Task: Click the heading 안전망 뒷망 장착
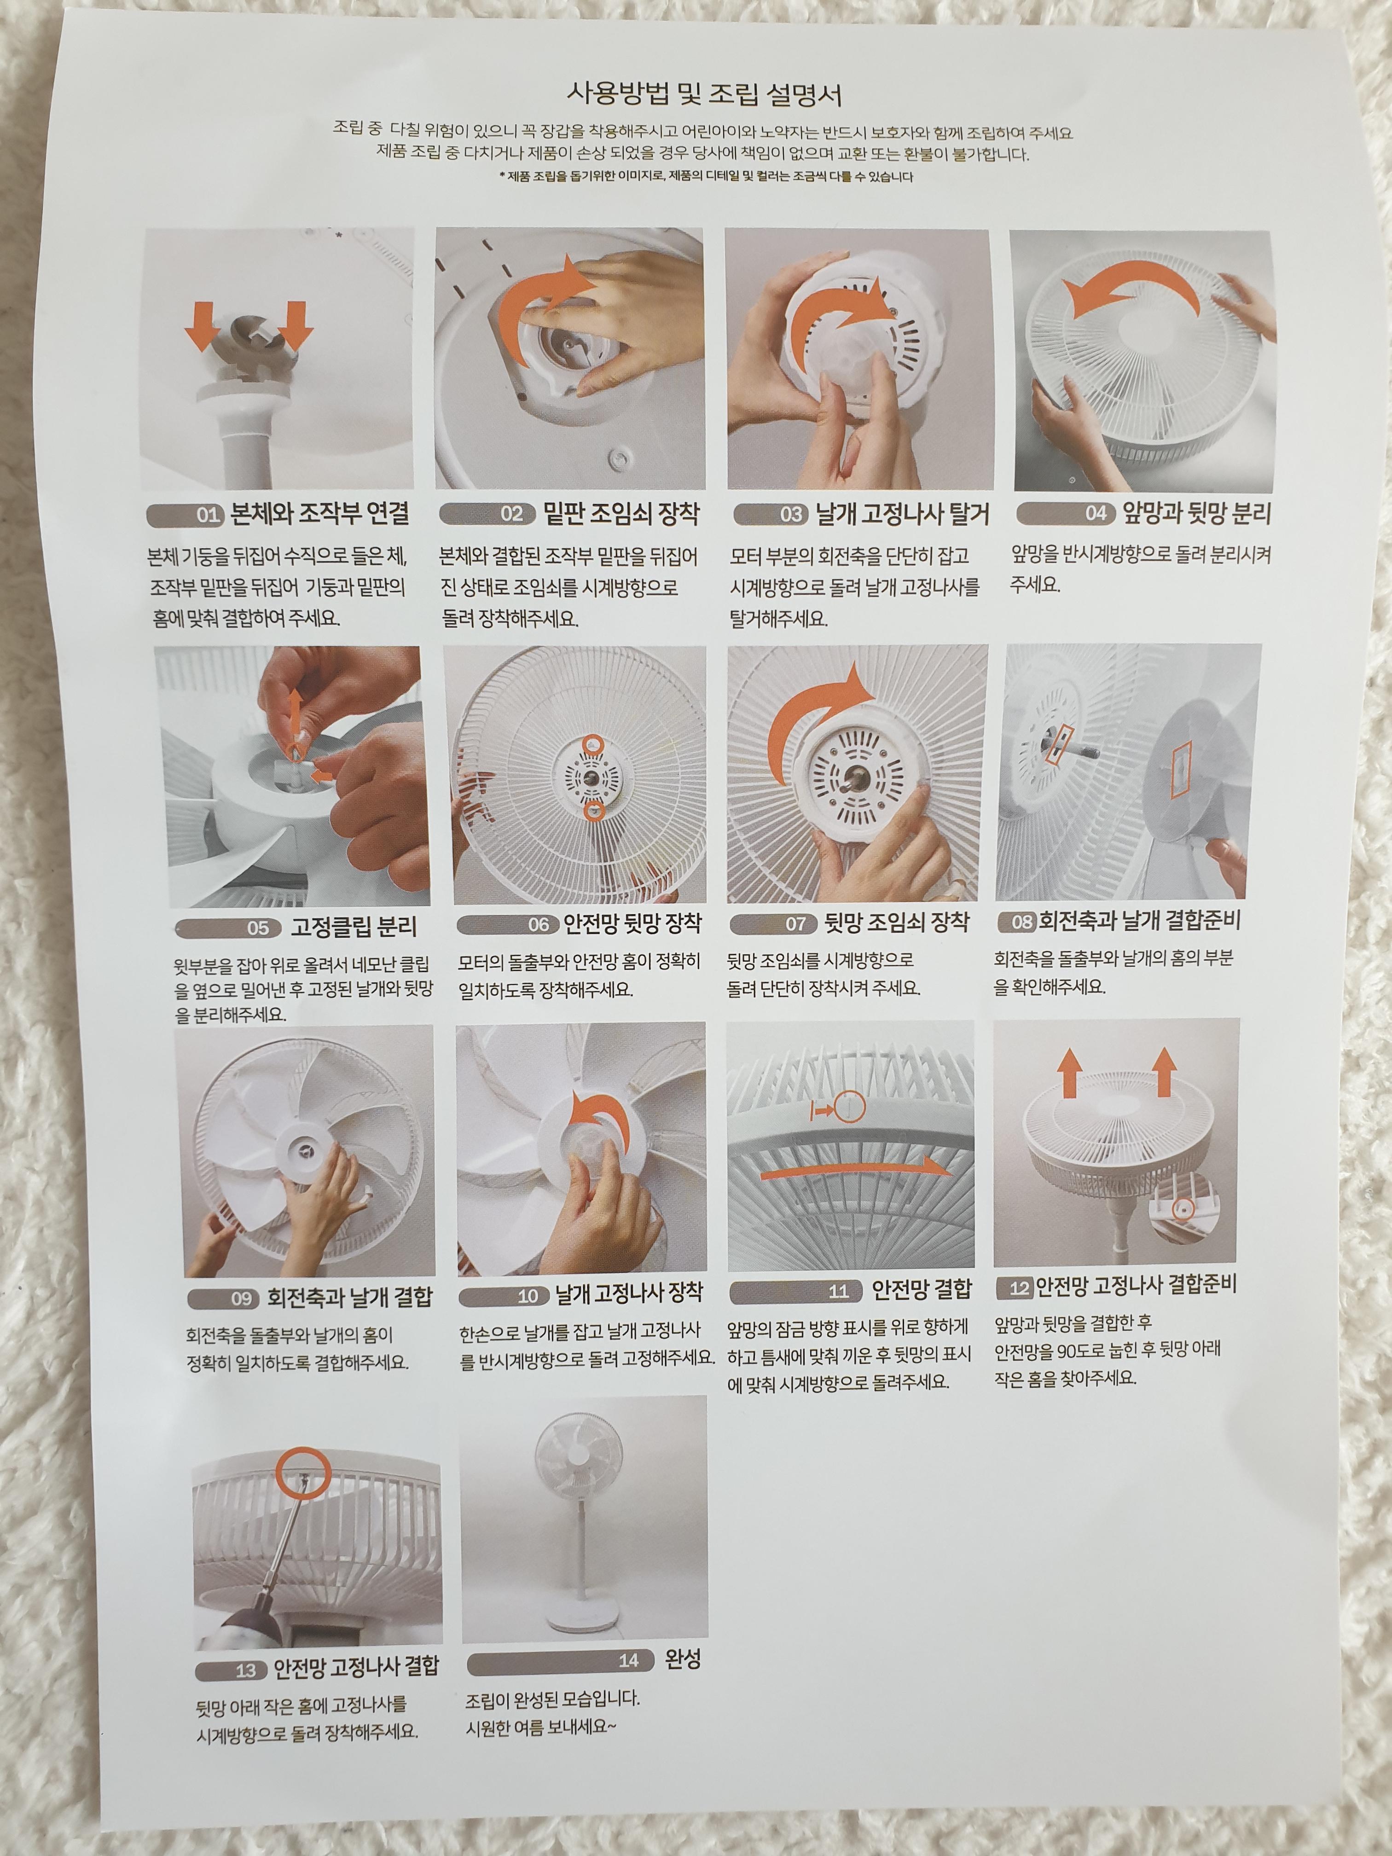632,924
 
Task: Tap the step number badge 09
242,1299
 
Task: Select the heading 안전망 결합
921,1288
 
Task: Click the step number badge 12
1020,1288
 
